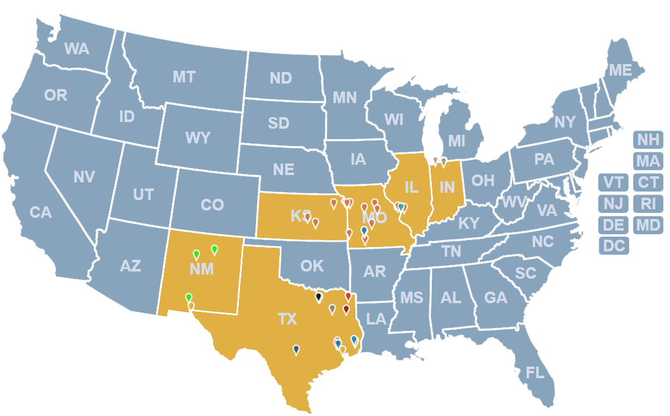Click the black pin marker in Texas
[x=318, y=297]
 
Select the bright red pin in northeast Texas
[x=348, y=296]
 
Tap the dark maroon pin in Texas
[x=346, y=309]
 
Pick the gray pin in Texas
[x=332, y=309]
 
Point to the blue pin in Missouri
[x=364, y=230]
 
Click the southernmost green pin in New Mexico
[x=189, y=297]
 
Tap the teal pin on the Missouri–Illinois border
[x=401, y=207]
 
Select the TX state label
[x=287, y=319]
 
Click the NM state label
[x=202, y=269]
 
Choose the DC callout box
[x=614, y=246]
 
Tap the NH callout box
[x=648, y=140]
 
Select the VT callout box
[x=614, y=182]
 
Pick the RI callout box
[x=648, y=204]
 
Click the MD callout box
[x=648, y=225]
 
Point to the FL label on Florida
[x=535, y=373]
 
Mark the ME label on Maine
[x=620, y=71]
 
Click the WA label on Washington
[x=77, y=49]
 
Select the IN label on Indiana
[x=447, y=187]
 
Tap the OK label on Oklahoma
[x=311, y=266]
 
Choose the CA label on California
[x=40, y=213]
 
